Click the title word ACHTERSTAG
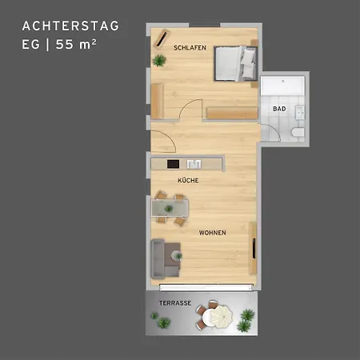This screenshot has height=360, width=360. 70,26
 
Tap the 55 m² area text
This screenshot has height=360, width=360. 76,44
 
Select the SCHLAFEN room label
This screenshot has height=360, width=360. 190,48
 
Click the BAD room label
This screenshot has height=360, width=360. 279,109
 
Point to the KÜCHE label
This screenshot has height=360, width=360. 188,180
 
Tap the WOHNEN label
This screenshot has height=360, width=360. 212,233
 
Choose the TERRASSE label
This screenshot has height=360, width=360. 175,303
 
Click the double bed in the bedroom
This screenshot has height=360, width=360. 235,63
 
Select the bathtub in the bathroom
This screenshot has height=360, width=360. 282,86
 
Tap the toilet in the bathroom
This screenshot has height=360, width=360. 298,132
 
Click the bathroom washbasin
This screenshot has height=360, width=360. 300,112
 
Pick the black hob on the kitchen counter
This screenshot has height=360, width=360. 173,164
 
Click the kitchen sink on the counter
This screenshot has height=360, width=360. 194,164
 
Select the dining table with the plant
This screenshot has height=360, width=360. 170,208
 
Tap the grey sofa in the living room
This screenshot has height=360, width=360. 161,259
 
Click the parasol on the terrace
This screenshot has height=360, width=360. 222,317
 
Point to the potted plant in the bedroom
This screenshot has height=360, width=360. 159,61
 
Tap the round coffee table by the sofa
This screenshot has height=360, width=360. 177,256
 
